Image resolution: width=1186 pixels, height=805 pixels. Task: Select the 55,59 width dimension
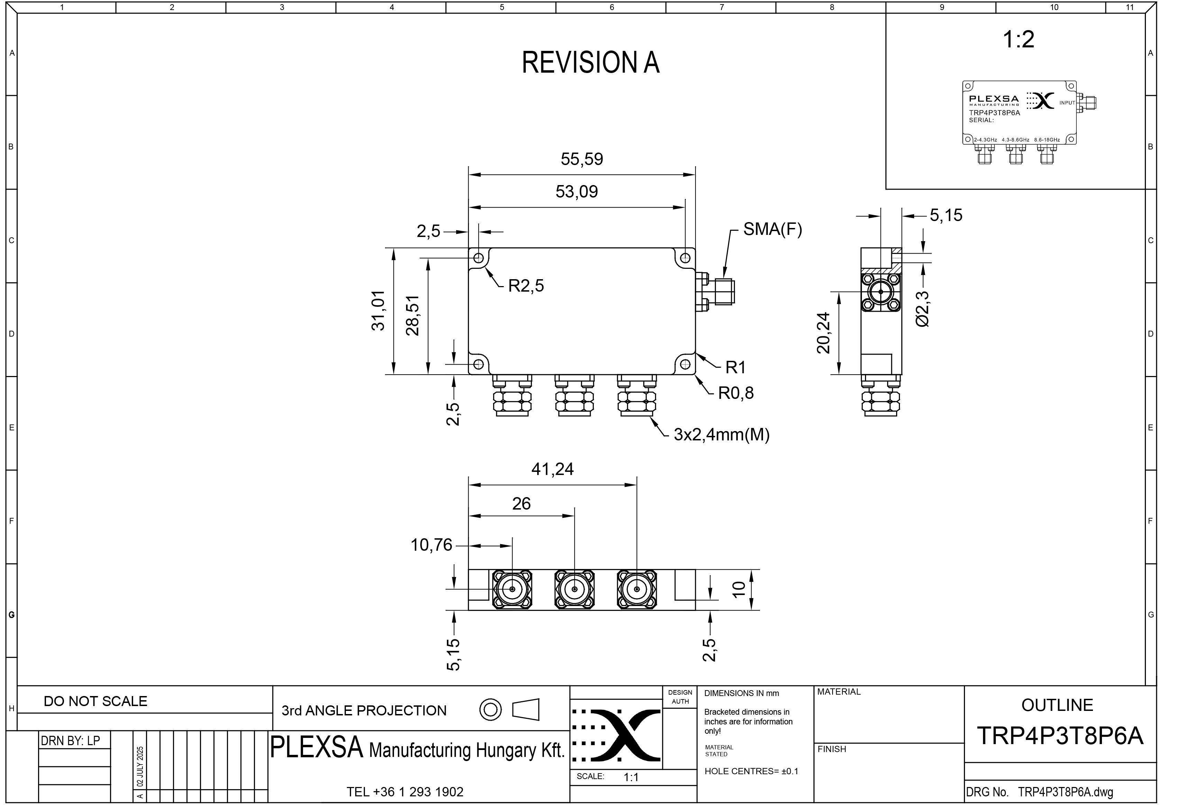(582, 159)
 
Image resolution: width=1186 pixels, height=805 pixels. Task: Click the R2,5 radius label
(526, 286)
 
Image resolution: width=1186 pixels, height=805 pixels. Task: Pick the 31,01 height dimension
(378, 310)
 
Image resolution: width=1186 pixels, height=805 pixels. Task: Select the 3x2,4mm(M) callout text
(721, 434)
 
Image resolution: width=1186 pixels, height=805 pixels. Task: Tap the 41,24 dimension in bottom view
(553, 469)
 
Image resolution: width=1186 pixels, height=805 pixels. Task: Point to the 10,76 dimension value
(432, 545)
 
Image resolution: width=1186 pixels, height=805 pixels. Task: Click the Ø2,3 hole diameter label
(923, 309)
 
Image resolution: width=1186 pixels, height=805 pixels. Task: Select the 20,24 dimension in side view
(824, 333)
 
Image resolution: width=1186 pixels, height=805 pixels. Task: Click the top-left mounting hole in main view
(479, 258)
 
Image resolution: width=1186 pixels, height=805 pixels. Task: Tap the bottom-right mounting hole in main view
(686, 365)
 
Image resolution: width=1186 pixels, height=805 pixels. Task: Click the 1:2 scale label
(1019, 39)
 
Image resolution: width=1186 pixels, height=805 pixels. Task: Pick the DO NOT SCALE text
(95, 701)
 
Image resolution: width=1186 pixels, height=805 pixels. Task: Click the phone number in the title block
(405, 792)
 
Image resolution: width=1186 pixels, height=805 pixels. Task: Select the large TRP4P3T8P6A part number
(1060, 735)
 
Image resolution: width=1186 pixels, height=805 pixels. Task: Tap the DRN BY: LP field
(71, 740)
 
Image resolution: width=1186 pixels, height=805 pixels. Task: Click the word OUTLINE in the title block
(1057, 705)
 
